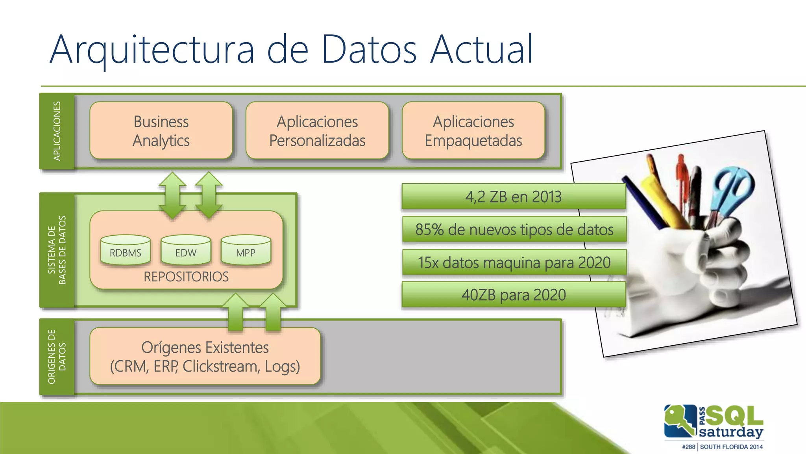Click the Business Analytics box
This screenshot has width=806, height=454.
click(161, 131)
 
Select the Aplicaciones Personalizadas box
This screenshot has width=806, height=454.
click(317, 131)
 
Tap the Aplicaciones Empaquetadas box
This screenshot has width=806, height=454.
click(473, 131)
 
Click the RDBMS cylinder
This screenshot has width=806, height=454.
click(125, 251)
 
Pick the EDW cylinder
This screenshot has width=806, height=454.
click(186, 251)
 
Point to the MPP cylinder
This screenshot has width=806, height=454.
click(246, 251)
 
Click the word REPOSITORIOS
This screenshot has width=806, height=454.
click(186, 277)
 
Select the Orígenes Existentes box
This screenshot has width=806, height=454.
click(205, 356)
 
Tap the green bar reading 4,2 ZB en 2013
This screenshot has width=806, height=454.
click(514, 196)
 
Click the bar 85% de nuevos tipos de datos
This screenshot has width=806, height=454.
click(514, 229)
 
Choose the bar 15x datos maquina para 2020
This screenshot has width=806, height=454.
click(514, 262)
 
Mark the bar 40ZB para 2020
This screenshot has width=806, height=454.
click(514, 295)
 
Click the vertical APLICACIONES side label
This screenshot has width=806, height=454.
click(57, 131)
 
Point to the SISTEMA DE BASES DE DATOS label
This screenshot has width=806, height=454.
click(57, 250)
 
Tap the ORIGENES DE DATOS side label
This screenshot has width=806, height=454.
click(57, 357)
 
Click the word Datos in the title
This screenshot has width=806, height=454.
click(369, 50)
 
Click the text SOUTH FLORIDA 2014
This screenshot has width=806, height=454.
click(731, 447)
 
